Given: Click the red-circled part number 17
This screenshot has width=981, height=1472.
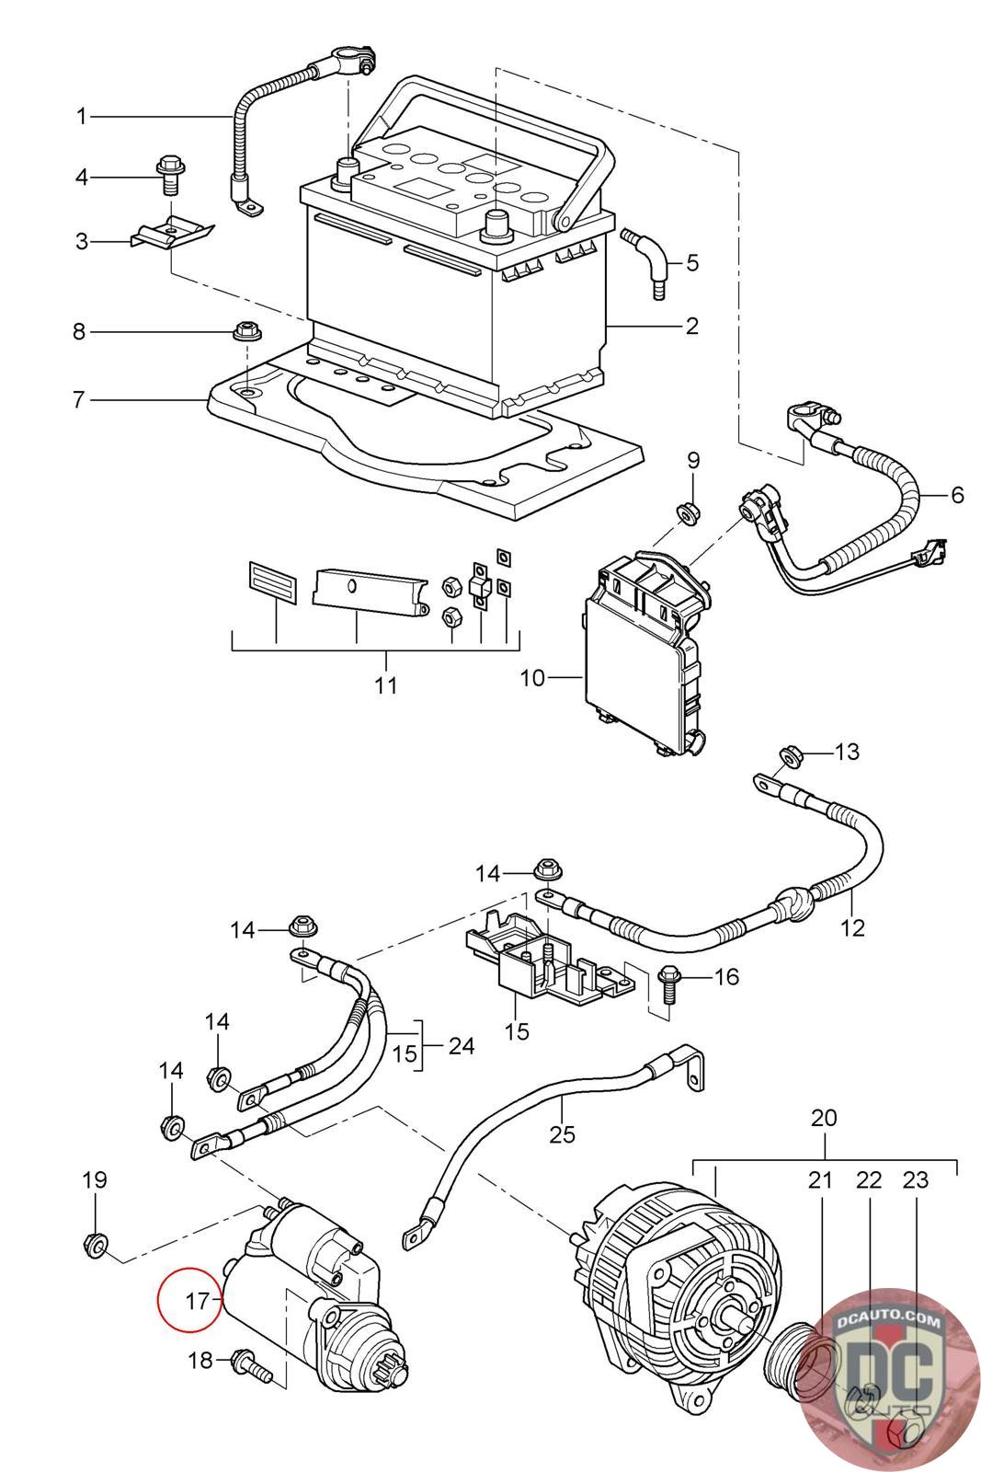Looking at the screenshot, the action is tap(197, 1301).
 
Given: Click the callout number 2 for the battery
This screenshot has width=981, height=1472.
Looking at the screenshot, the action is tap(692, 326).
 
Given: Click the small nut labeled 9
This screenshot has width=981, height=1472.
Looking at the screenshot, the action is tap(688, 512).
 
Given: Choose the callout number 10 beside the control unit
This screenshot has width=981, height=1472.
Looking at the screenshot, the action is tap(532, 677).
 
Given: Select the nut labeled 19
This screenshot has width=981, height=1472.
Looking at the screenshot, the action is tap(96, 1244).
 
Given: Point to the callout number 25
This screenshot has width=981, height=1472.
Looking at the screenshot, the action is tap(562, 1133).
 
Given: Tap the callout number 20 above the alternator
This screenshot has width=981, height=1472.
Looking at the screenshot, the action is tap(824, 1117).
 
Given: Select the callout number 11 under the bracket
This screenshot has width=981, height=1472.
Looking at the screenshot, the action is tap(386, 684).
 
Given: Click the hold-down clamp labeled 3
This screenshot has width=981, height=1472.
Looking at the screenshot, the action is tap(172, 234).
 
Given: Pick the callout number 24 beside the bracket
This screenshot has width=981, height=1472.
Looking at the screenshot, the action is tap(461, 1045).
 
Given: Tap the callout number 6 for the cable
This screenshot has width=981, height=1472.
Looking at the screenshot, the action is tap(957, 494).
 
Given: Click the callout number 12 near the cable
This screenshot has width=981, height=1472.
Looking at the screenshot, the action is tap(853, 928).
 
